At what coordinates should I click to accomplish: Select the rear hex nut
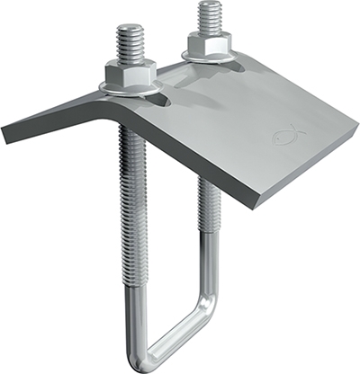click(x=209, y=44)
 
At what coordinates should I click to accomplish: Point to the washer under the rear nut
click(x=210, y=57)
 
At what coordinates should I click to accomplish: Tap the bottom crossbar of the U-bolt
click(x=175, y=333)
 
